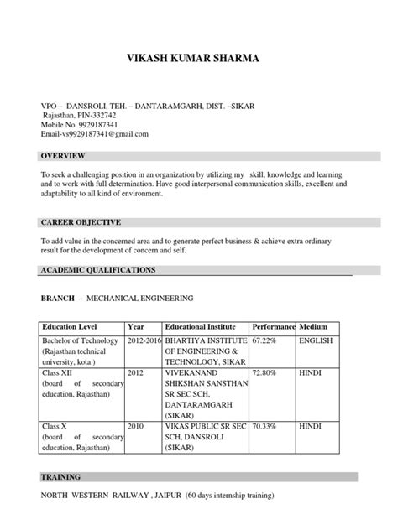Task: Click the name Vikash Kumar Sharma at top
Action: point(198,59)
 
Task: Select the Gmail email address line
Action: point(95,134)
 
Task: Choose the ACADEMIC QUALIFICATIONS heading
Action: point(98,270)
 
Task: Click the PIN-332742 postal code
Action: point(92,115)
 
